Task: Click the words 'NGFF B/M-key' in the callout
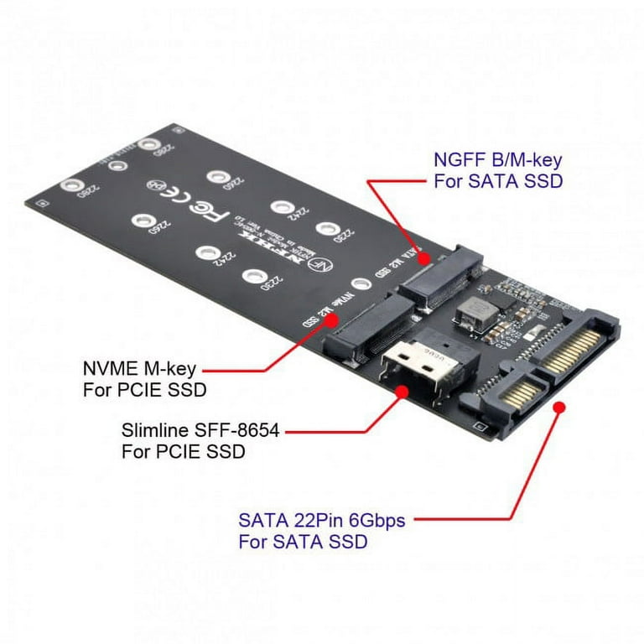coord(497,159)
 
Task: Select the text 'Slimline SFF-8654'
coord(200,431)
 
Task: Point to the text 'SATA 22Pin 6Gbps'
coord(322,521)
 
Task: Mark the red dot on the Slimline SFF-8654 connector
coord(402,390)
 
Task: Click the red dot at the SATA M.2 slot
coord(424,258)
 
